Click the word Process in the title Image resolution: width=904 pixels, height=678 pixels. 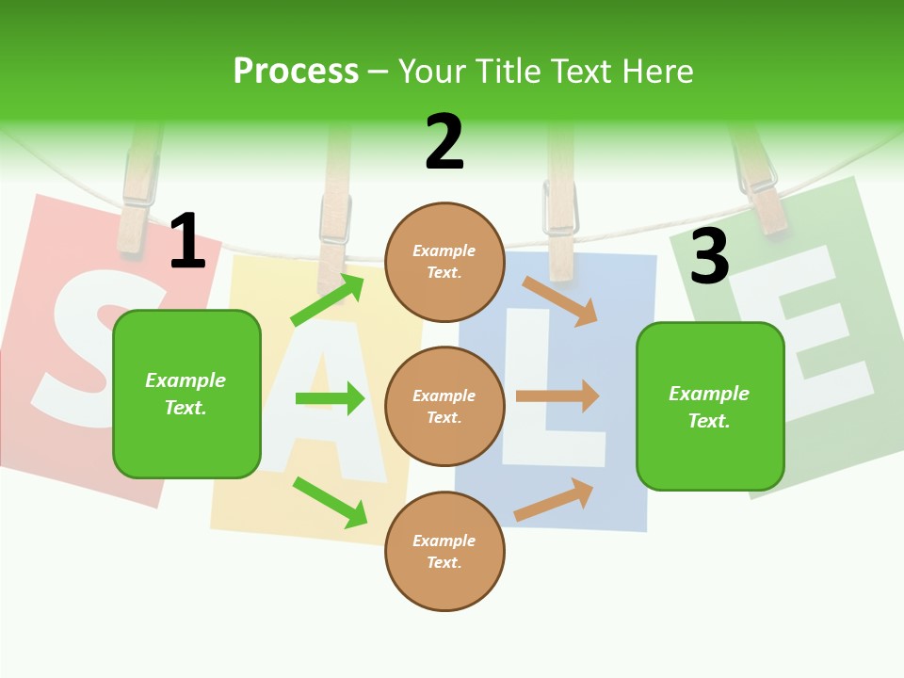(296, 72)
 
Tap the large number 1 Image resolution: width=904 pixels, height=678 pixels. (186, 241)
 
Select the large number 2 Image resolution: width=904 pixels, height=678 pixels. (444, 142)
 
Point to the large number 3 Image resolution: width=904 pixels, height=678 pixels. (709, 256)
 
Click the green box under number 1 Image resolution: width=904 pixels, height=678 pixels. (186, 394)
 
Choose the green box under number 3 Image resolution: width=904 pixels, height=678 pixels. (710, 407)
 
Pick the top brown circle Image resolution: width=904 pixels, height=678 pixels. (444, 262)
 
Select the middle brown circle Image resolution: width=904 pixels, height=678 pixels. (444, 406)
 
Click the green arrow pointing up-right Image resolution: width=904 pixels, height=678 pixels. (328, 300)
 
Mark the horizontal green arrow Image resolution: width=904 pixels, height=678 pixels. (330, 398)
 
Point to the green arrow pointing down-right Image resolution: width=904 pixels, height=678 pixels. (330, 502)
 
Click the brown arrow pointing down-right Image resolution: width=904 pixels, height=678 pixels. (561, 300)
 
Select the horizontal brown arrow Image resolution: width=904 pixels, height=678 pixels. (557, 396)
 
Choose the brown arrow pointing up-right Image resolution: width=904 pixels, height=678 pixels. (554, 499)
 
